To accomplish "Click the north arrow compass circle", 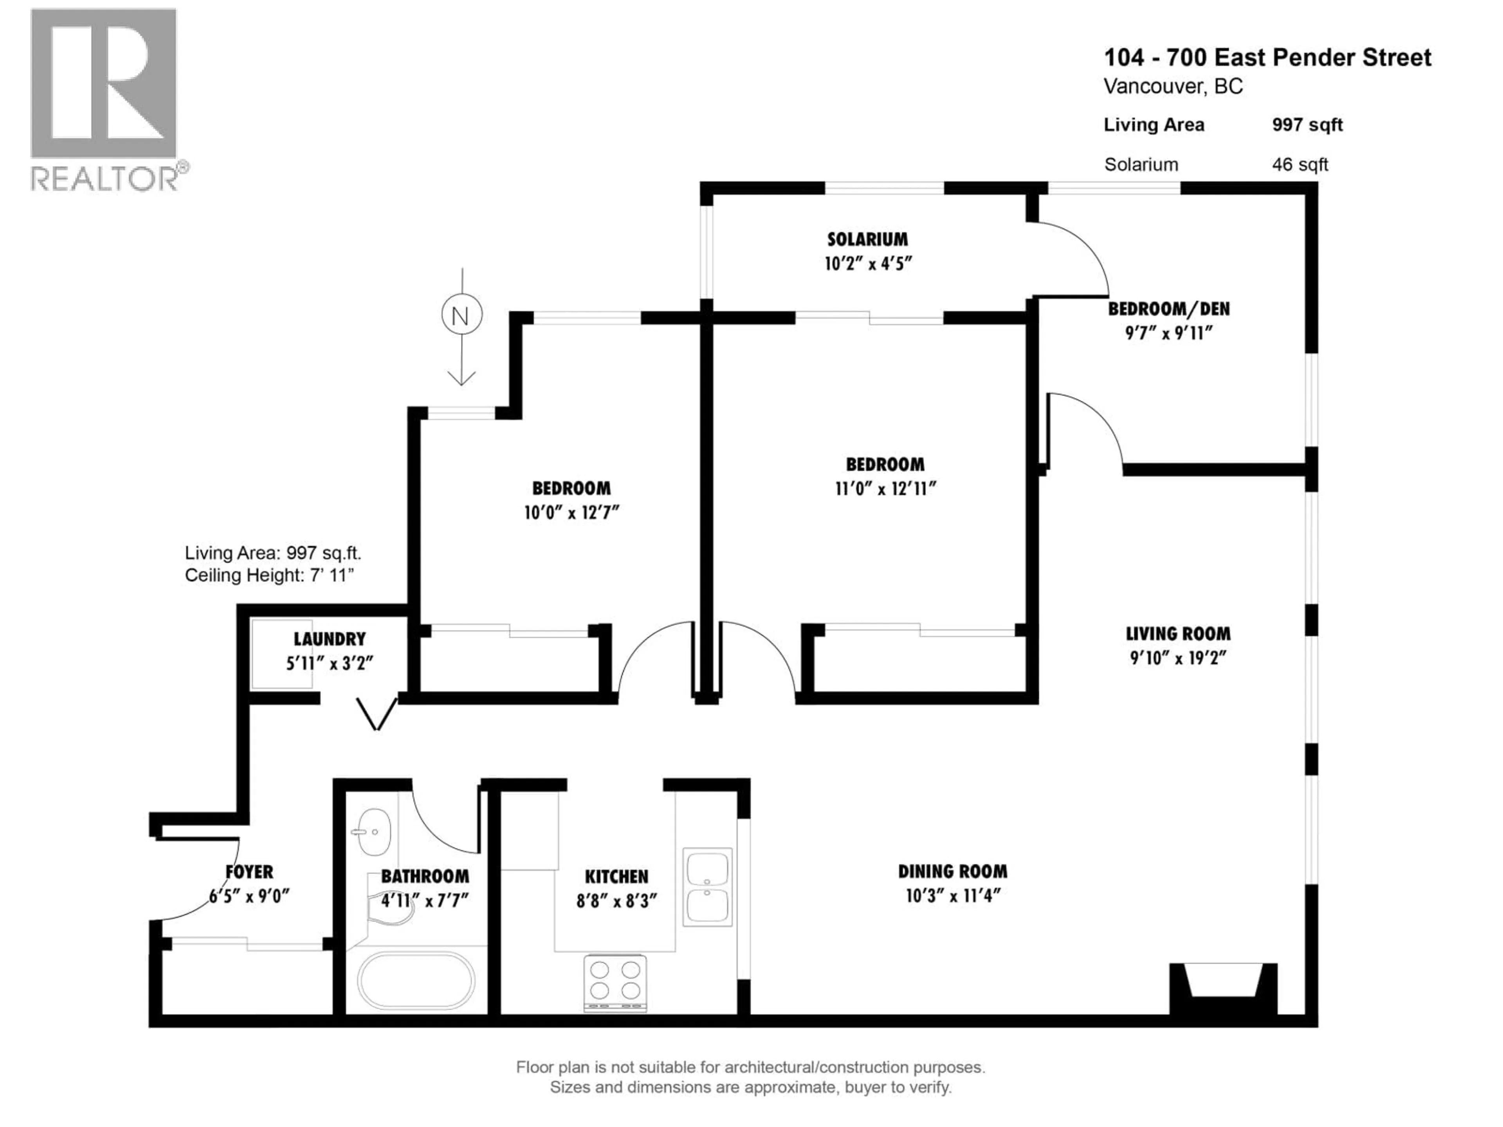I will click(x=461, y=315).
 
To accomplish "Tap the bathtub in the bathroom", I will click(x=416, y=980).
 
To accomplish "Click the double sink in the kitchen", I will click(x=707, y=886).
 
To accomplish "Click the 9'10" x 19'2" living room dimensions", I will click(x=1177, y=657).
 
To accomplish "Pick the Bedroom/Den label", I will click(x=1169, y=309).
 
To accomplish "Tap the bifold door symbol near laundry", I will click(x=377, y=713).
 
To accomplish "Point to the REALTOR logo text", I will click(x=105, y=179).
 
